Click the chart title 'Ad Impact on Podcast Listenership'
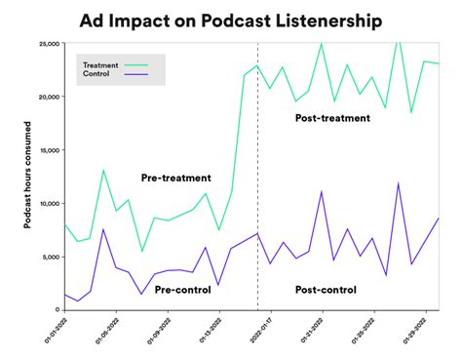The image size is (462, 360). (x=231, y=19)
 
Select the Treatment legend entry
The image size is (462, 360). (x=99, y=64)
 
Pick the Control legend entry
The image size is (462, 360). (x=96, y=74)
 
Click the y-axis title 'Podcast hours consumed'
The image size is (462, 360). (x=29, y=177)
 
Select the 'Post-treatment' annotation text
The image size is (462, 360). (x=332, y=118)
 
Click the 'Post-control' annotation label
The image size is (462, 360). (x=325, y=289)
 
